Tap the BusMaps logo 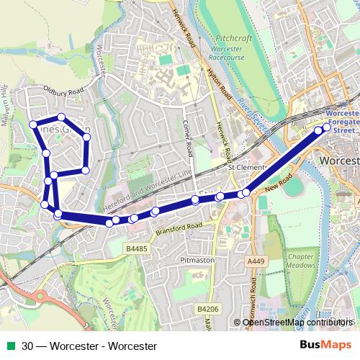pos(325,346)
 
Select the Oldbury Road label pos(64,91)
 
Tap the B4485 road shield pos(135,248)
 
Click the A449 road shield pos(254,261)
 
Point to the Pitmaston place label pos(197,259)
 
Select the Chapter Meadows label pos(301,261)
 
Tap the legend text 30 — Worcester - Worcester pos(89,346)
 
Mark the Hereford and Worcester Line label pos(148,192)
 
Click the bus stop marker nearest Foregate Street pos(327,127)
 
